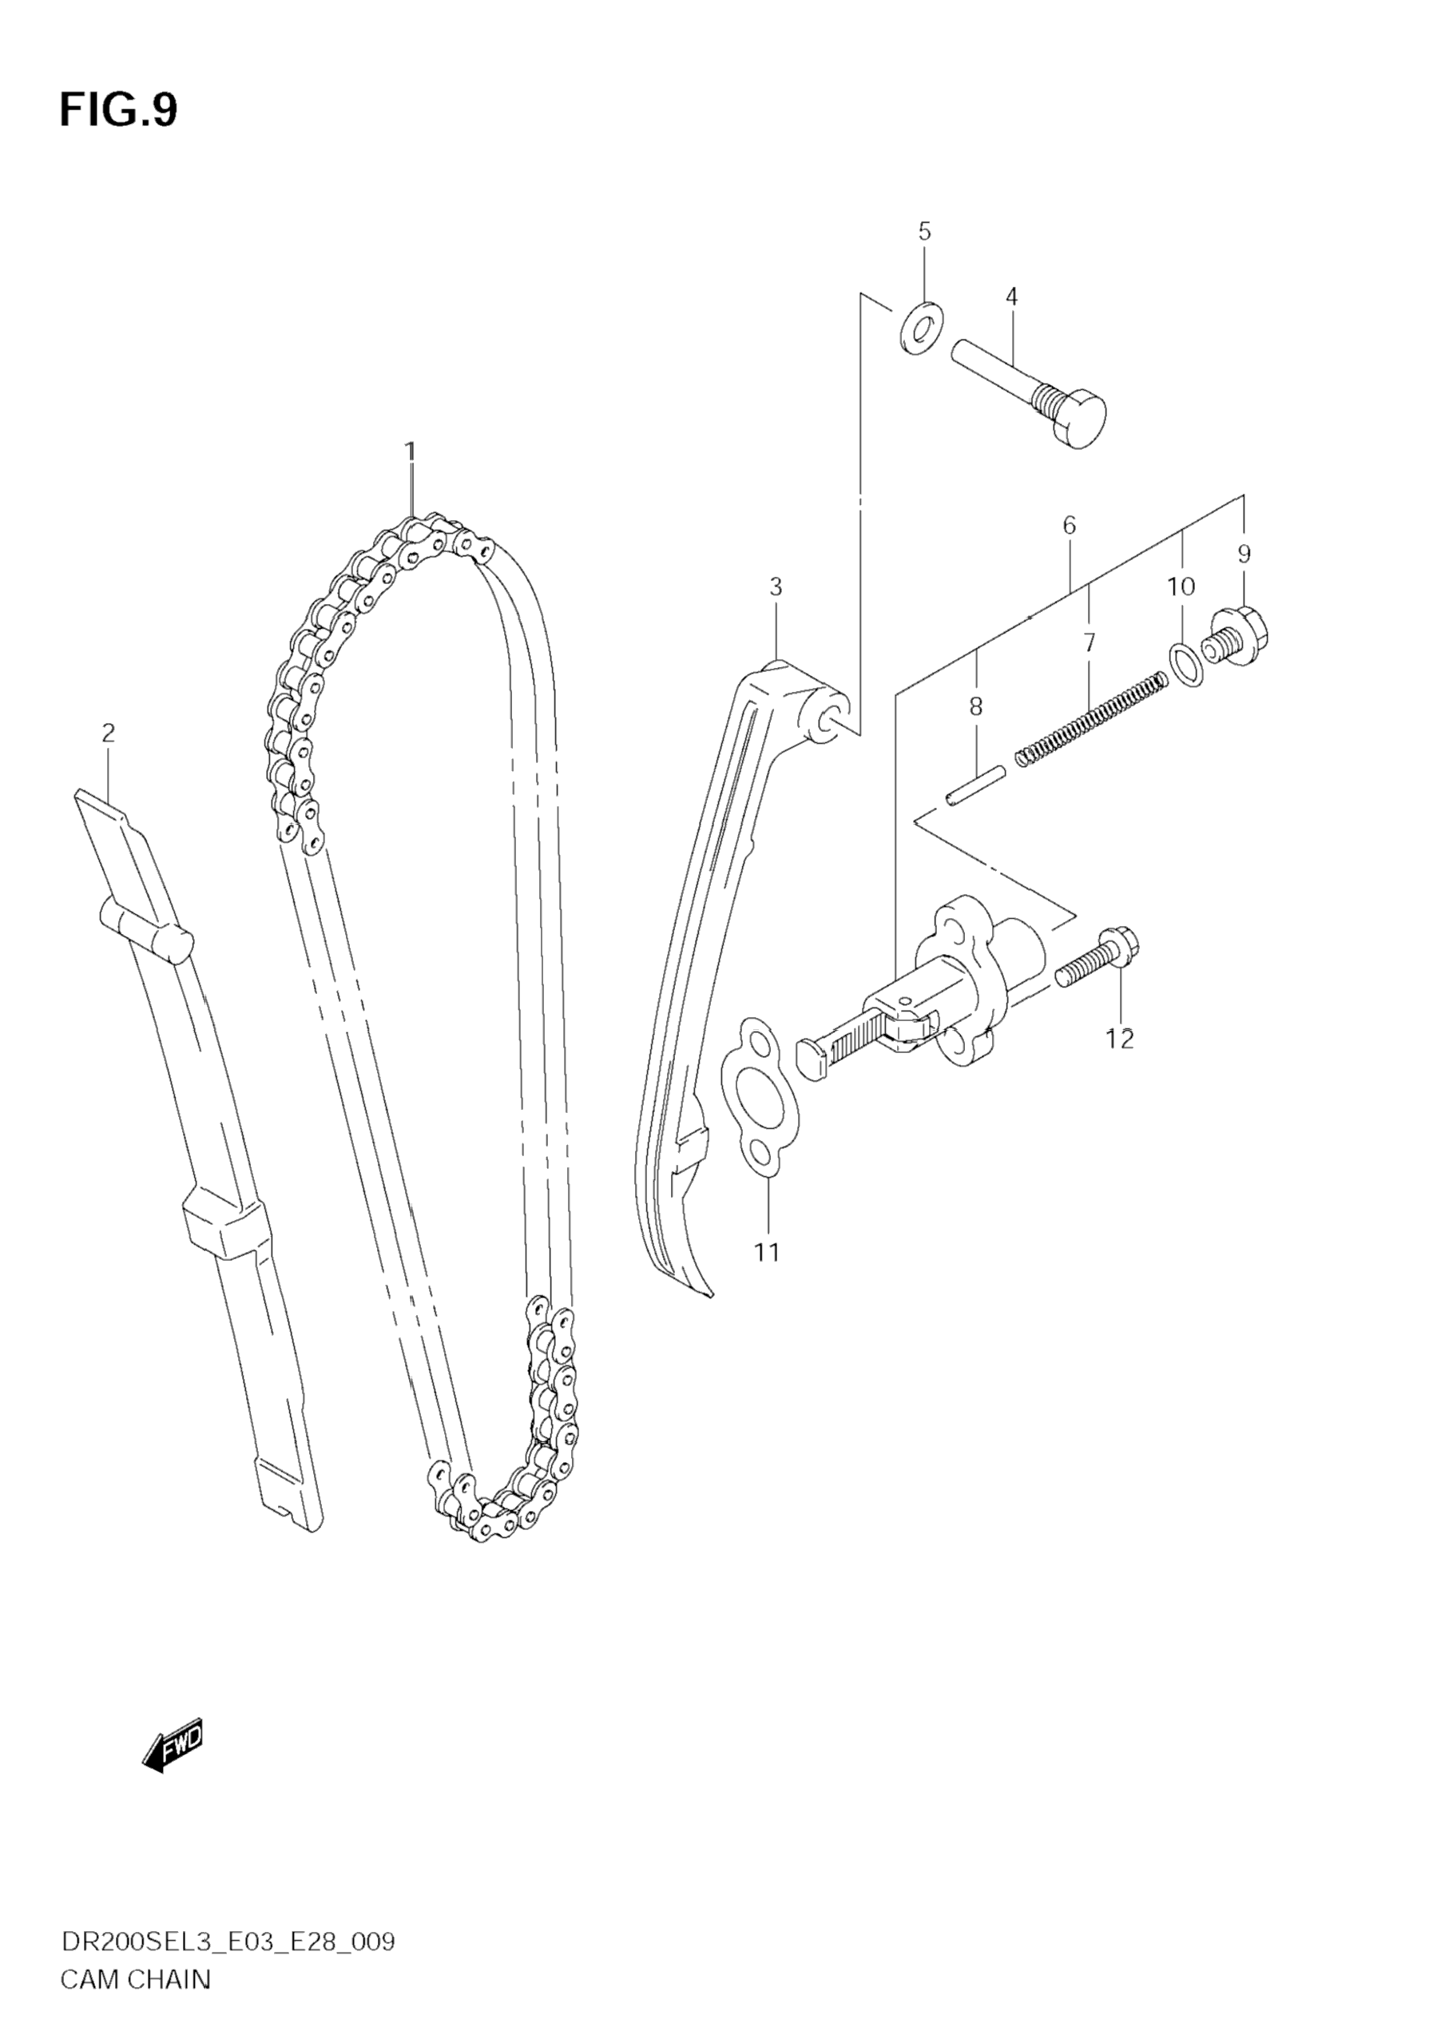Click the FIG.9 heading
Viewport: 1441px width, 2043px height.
coord(118,110)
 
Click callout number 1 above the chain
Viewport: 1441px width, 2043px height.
coord(410,452)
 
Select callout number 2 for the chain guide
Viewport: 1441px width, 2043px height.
coord(108,733)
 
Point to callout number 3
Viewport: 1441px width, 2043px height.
coord(776,587)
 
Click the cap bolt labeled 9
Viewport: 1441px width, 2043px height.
coord(1236,635)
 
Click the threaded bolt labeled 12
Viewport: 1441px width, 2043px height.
coord(1098,960)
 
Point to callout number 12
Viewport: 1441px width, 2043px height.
coord(1120,1039)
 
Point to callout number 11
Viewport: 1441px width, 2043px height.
coord(767,1253)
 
